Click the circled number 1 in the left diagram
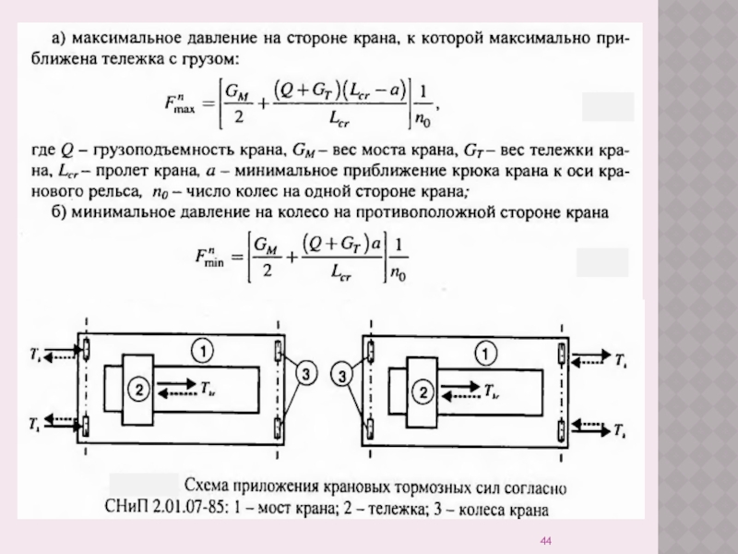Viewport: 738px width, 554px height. (x=203, y=350)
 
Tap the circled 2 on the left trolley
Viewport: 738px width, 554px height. (x=137, y=391)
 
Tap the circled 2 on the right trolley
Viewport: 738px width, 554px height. (x=424, y=391)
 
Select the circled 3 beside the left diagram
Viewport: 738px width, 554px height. (x=308, y=373)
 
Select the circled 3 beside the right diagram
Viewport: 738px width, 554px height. (x=343, y=377)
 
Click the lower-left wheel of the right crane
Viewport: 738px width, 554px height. (x=370, y=429)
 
